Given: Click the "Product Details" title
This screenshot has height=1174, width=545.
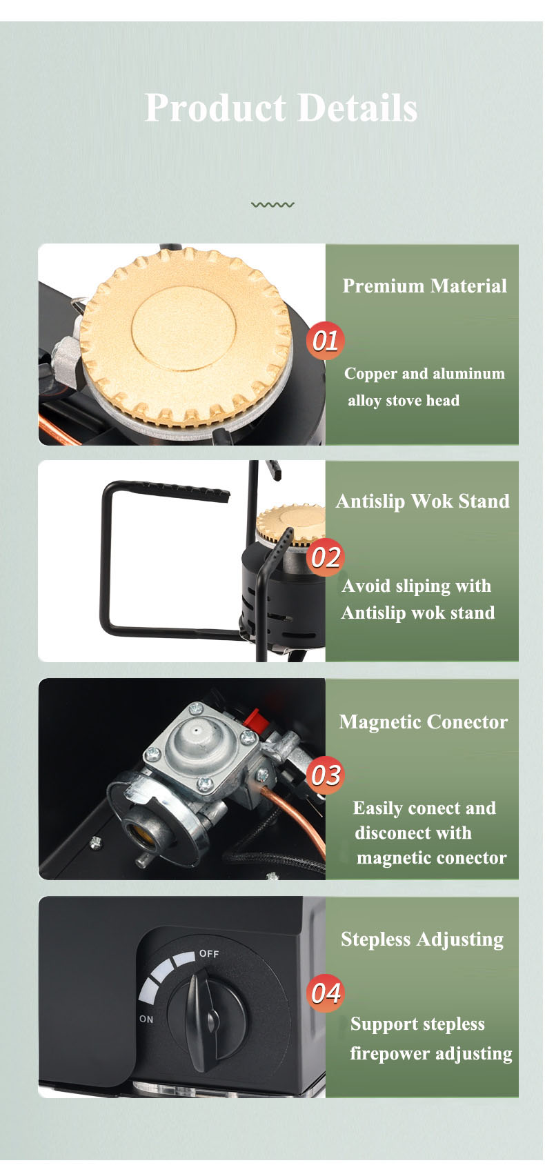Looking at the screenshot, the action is [281, 108].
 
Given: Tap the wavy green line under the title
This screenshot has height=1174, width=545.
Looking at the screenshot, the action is [272, 204].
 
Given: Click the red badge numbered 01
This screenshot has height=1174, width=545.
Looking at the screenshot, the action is [326, 341].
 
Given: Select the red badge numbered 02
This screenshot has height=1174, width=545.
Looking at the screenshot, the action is [326, 557].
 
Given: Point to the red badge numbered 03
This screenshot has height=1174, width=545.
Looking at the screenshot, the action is [326, 775].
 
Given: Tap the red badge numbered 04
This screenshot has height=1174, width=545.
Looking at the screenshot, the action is [326, 993].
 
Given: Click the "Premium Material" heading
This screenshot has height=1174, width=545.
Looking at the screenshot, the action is [424, 286].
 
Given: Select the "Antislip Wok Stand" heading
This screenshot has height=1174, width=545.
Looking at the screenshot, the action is [422, 501].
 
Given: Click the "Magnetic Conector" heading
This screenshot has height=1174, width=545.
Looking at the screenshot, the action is [424, 722].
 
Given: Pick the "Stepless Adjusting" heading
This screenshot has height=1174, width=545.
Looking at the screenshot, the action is [422, 939].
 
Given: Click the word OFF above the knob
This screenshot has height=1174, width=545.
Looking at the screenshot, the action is [209, 954].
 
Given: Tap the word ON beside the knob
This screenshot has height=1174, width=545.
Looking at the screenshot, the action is [146, 1019].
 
